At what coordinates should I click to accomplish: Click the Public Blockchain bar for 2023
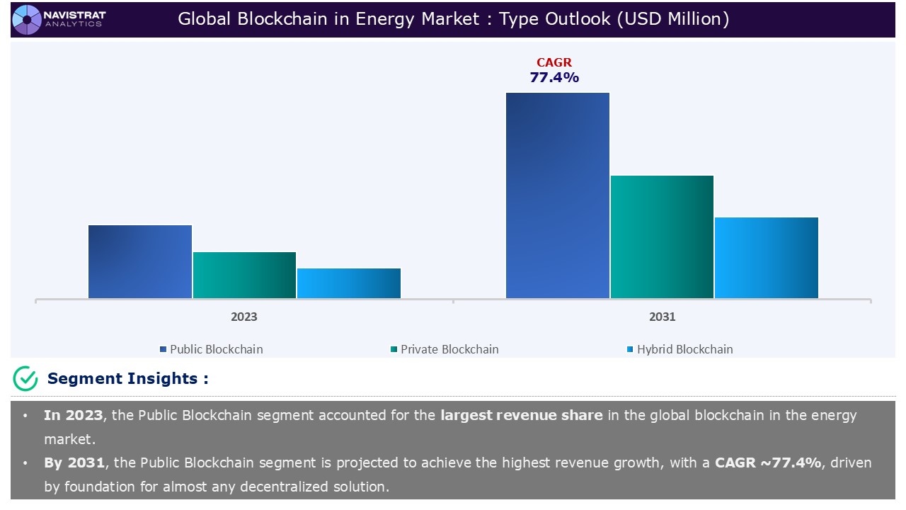point(140,261)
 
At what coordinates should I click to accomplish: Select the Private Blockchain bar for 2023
point(244,275)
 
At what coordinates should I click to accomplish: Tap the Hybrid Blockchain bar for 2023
point(349,283)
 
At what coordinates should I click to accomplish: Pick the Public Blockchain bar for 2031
point(558,195)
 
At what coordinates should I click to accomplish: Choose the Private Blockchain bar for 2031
point(662,237)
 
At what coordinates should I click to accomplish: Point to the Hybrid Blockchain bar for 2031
point(767,258)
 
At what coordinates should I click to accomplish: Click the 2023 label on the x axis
point(244,317)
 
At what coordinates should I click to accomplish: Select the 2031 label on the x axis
point(662,317)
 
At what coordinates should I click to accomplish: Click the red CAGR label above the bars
point(554,63)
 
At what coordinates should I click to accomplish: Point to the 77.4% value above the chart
point(554,78)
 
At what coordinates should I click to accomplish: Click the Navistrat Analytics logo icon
point(27,19)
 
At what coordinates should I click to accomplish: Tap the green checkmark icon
point(25,379)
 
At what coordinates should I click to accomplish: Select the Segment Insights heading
point(127,379)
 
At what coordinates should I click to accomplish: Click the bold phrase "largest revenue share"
point(522,416)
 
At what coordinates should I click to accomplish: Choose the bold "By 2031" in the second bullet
point(74,463)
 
